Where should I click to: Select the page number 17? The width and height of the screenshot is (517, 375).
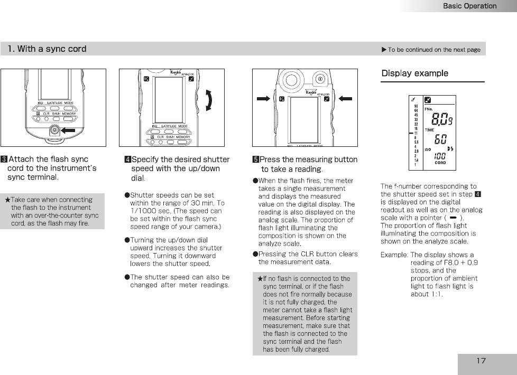click(x=481, y=361)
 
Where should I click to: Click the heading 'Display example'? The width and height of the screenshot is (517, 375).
click(x=415, y=73)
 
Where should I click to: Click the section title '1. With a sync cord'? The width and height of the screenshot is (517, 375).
click(x=47, y=49)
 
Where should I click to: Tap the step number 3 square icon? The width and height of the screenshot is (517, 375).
click(x=4, y=159)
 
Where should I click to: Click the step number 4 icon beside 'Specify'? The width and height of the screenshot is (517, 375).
click(x=127, y=160)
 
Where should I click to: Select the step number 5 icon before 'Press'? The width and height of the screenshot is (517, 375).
click(x=256, y=160)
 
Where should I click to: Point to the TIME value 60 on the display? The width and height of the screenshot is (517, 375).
click(x=440, y=139)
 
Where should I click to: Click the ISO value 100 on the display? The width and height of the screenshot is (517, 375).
click(x=440, y=156)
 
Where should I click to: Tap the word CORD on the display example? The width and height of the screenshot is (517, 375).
click(x=440, y=163)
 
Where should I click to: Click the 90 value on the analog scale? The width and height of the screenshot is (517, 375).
click(x=416, y=106)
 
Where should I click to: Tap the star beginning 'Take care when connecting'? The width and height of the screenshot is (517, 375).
click(x=7, y=200)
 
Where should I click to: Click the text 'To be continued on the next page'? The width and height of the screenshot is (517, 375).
click(x=433, y=50)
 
